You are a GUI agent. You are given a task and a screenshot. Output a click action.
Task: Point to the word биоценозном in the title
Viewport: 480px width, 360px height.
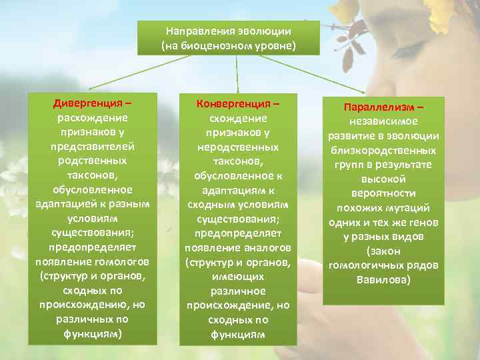pos(222,45)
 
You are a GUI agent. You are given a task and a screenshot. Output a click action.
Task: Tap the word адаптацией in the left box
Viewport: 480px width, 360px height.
pos(65,204)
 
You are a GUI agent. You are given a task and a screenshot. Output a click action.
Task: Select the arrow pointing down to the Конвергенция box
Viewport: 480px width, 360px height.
pos(237,73)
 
